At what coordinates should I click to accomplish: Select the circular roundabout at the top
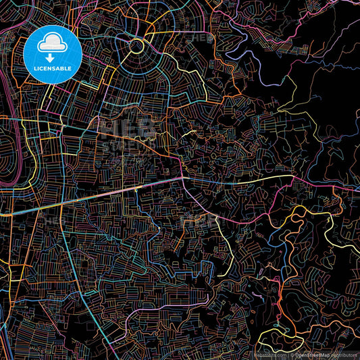[x=135, y=46]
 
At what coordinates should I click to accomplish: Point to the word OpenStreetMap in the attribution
[x=311, y=354]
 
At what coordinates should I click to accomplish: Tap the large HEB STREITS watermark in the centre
[x=128, y=138]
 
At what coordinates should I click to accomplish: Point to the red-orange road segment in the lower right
[x=281, y=297]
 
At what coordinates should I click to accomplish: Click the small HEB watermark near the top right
[x=203, y=38]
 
